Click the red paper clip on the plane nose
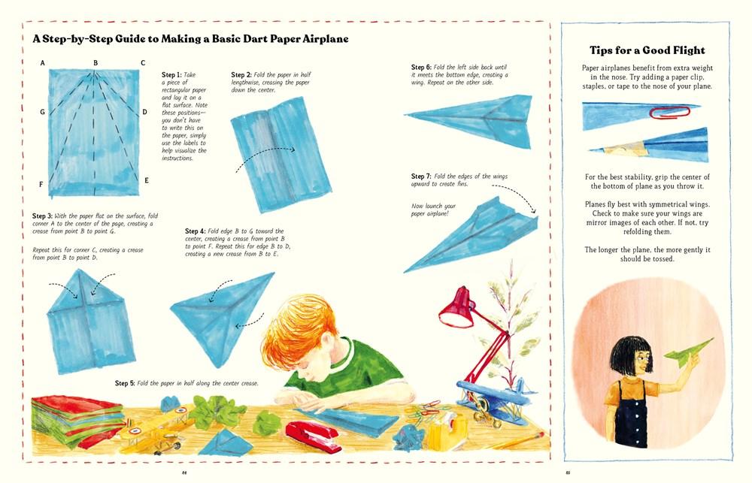669,113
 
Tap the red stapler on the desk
314,435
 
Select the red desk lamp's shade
456,309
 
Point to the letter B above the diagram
96,63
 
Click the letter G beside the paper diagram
42,112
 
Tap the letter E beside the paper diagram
147,180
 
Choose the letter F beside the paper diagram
41,185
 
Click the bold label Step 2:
241,75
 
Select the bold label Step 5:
125,383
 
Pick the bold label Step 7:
421,177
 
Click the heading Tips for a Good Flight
647,50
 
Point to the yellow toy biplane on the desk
153,429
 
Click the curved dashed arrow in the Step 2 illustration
265,154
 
